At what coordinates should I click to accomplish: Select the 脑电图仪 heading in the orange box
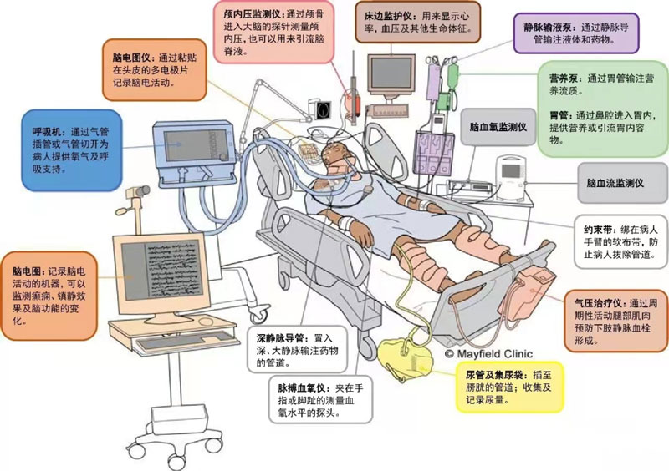tap(134, 59)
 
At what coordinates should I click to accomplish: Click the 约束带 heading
tap(600, 228)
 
